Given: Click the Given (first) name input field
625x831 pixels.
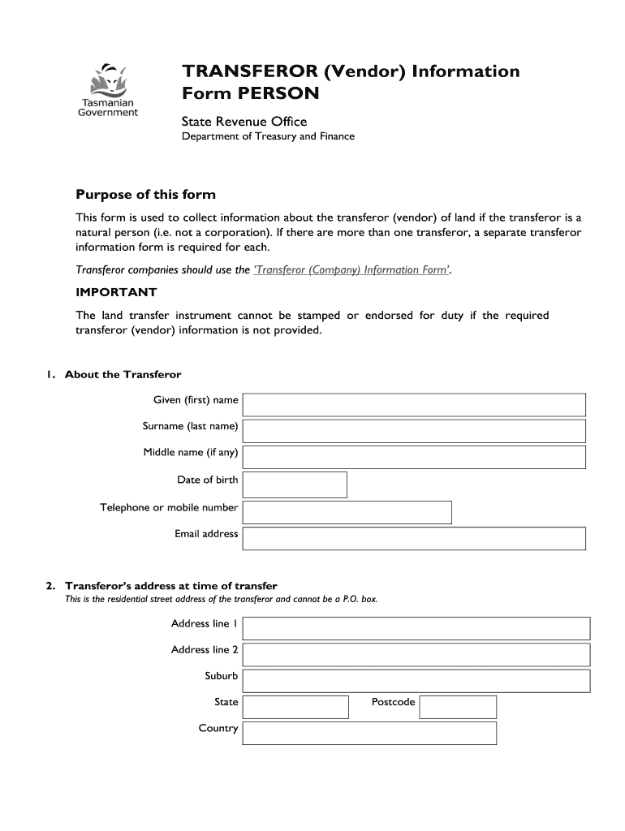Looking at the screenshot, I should click(414, 405).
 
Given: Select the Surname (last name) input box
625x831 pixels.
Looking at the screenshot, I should click(414, 431).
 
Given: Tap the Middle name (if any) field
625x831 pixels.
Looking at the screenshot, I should click(414, 457).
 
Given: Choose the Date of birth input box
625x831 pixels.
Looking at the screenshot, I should click(295, 484).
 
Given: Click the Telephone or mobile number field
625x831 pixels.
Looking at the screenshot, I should click(347, 512).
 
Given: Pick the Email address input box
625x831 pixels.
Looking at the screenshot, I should click(414, 538).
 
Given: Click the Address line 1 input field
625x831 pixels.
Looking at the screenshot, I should click(416, 628).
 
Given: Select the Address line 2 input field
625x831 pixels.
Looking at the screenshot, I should click(416, 654).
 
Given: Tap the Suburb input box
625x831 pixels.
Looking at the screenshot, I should click(416, 681).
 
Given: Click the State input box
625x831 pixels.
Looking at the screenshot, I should click(295, 707).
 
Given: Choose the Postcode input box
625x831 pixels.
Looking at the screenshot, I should click(458, 707).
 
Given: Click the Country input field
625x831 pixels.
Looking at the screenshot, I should click(369, 733).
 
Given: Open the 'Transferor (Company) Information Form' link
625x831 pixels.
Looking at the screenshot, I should click(351, 270).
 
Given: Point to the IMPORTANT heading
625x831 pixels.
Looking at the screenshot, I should click(116, 292).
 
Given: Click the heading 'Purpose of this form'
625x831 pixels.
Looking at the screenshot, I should click(145, 195).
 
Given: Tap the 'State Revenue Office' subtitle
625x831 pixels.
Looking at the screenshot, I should click(244, 122).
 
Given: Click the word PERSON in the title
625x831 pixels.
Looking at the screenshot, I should click(278, 93).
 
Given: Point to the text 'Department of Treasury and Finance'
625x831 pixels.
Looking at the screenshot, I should click(267, 136).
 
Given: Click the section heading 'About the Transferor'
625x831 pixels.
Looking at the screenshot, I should click(123, 374).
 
